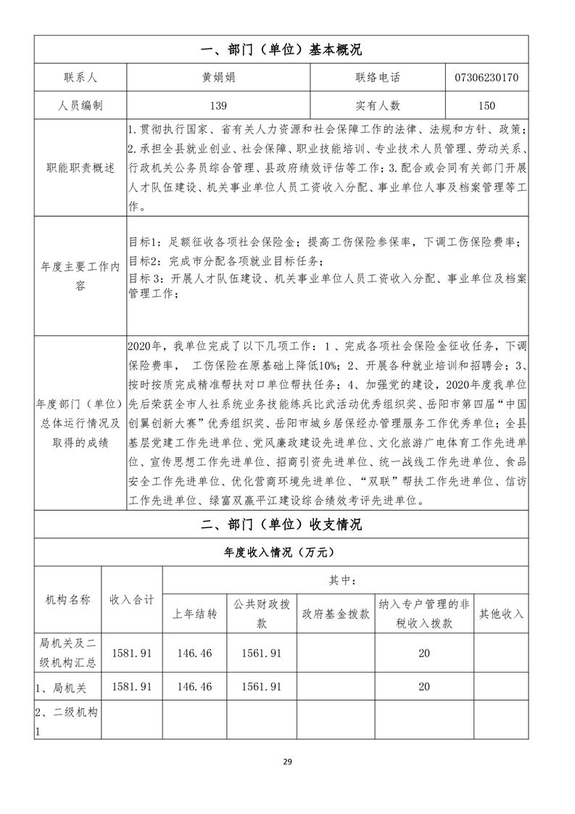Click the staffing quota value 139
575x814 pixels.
click(218, 106)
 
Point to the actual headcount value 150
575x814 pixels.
click(486, 106)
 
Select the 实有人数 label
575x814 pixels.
click(378, 106)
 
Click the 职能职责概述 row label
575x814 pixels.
click(80, 168)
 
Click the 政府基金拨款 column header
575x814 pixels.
click(336, 614)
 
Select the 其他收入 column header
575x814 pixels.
click(500, 614)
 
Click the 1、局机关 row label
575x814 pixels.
click(61, 686)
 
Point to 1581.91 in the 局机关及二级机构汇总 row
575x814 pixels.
click(131, 653)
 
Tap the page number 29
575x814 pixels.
click(287, 761)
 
